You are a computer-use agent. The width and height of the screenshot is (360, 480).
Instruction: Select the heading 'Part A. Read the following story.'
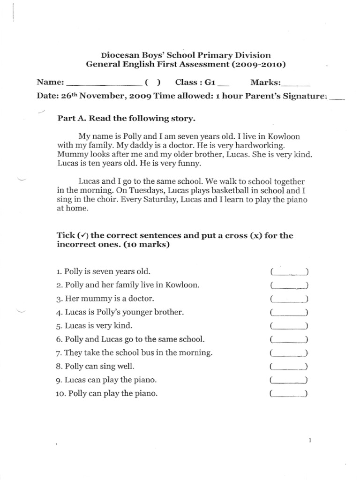pos(125,119)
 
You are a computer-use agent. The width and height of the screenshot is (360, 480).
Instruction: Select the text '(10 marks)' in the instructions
pos(148,245)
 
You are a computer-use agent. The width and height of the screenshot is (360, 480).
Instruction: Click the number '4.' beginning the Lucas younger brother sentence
pos(59,312)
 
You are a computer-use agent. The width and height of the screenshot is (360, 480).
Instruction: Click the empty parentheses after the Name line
pos(153,83)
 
